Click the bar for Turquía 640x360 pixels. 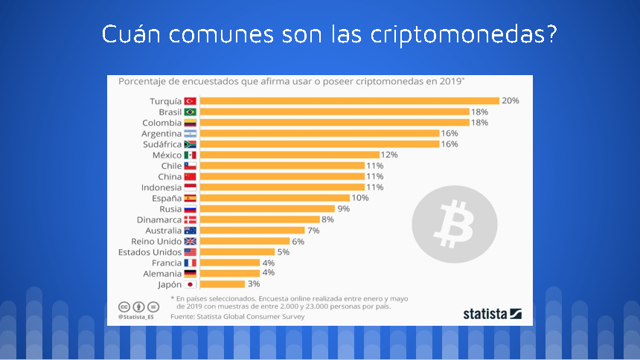point(349,100)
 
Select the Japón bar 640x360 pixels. point(223,284)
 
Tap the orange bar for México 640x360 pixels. point(289,155)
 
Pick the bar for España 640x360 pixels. point(275,198)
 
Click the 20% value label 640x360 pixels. point(510,100)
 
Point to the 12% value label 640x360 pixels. point(390,155)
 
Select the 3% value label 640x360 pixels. point(254,284)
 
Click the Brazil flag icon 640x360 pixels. point(190,112)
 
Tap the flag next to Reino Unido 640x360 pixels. point(190,241)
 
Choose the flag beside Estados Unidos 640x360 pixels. point(190,252)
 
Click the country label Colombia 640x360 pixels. point(161,122)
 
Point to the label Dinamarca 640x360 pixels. point(159,219)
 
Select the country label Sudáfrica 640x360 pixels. point(161,144)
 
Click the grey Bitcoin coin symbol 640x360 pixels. point(454,220)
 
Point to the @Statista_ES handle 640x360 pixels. point(135,316)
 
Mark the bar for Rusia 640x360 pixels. point(267,209)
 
